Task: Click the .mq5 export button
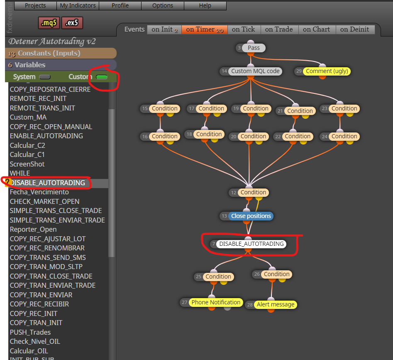(x=49, y=23)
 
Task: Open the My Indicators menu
(x=78, y=5)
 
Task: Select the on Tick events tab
(x=243, y=29)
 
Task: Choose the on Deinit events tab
(x=354, y=29)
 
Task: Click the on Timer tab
(x=205, y=29)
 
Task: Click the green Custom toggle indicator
(x=102, y=77)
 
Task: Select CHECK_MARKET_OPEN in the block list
(x=45, y=201)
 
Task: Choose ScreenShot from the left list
(x=27, y=164)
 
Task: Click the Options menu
(x=163, y=5)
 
